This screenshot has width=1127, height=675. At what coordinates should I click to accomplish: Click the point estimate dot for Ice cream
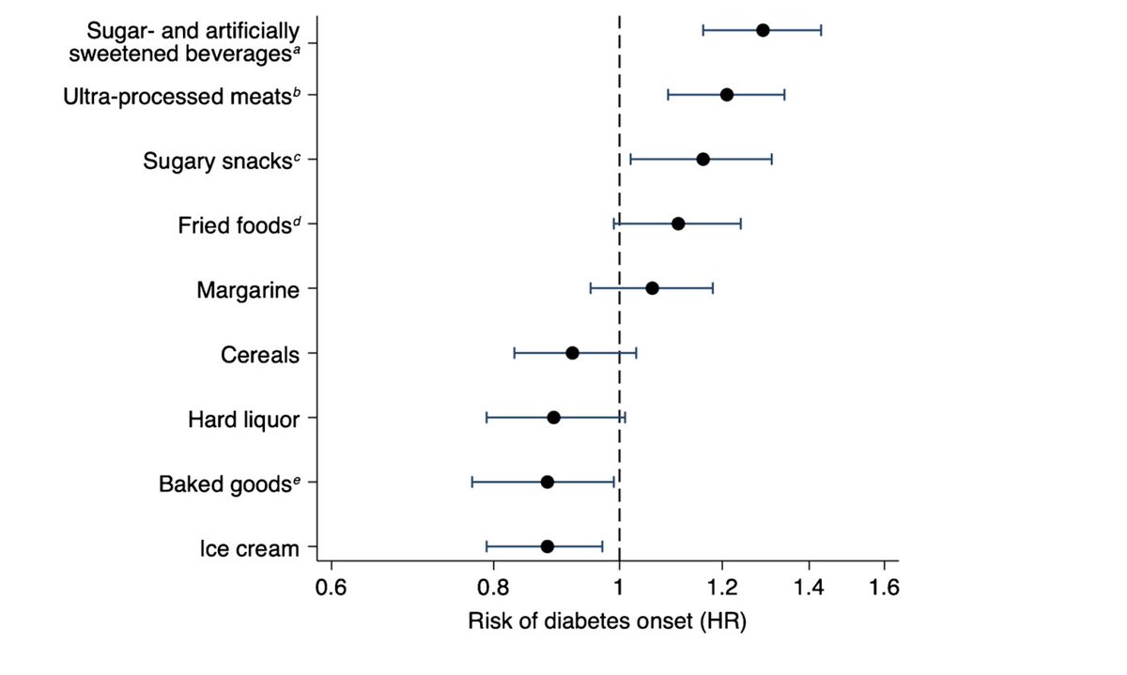[548, 546]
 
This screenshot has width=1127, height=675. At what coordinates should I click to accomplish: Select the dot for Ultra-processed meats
[726, 95]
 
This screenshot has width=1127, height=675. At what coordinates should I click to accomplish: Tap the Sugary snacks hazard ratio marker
[702, 160]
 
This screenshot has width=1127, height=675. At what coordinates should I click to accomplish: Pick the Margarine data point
[652, 288]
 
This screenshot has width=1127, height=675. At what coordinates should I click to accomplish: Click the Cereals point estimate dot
[572, 353]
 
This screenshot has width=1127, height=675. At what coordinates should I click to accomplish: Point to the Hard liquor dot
[553, 418]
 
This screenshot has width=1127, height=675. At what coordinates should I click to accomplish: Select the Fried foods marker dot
[678, 223]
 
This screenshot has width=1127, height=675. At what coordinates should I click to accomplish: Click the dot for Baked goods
[548, 482]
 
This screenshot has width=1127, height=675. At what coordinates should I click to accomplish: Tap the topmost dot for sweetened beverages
[763, 30]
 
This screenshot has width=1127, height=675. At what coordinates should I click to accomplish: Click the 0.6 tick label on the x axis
[331, 589]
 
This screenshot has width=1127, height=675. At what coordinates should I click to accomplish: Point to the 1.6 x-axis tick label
[884, 589]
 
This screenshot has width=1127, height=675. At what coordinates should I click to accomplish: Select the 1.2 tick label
[721, 589]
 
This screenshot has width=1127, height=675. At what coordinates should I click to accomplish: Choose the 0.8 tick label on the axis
[492, 589]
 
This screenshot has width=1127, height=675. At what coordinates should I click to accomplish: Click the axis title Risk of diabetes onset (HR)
[607, 621]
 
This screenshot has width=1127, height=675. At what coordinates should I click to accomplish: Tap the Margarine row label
[248, 290]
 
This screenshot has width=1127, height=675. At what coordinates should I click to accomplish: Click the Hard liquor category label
[243, 419]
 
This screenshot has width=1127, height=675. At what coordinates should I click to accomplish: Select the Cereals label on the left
[260, 355]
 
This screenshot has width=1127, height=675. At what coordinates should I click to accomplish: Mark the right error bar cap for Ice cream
[602, 546]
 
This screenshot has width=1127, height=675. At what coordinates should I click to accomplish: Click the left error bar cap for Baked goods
[471, 482]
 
